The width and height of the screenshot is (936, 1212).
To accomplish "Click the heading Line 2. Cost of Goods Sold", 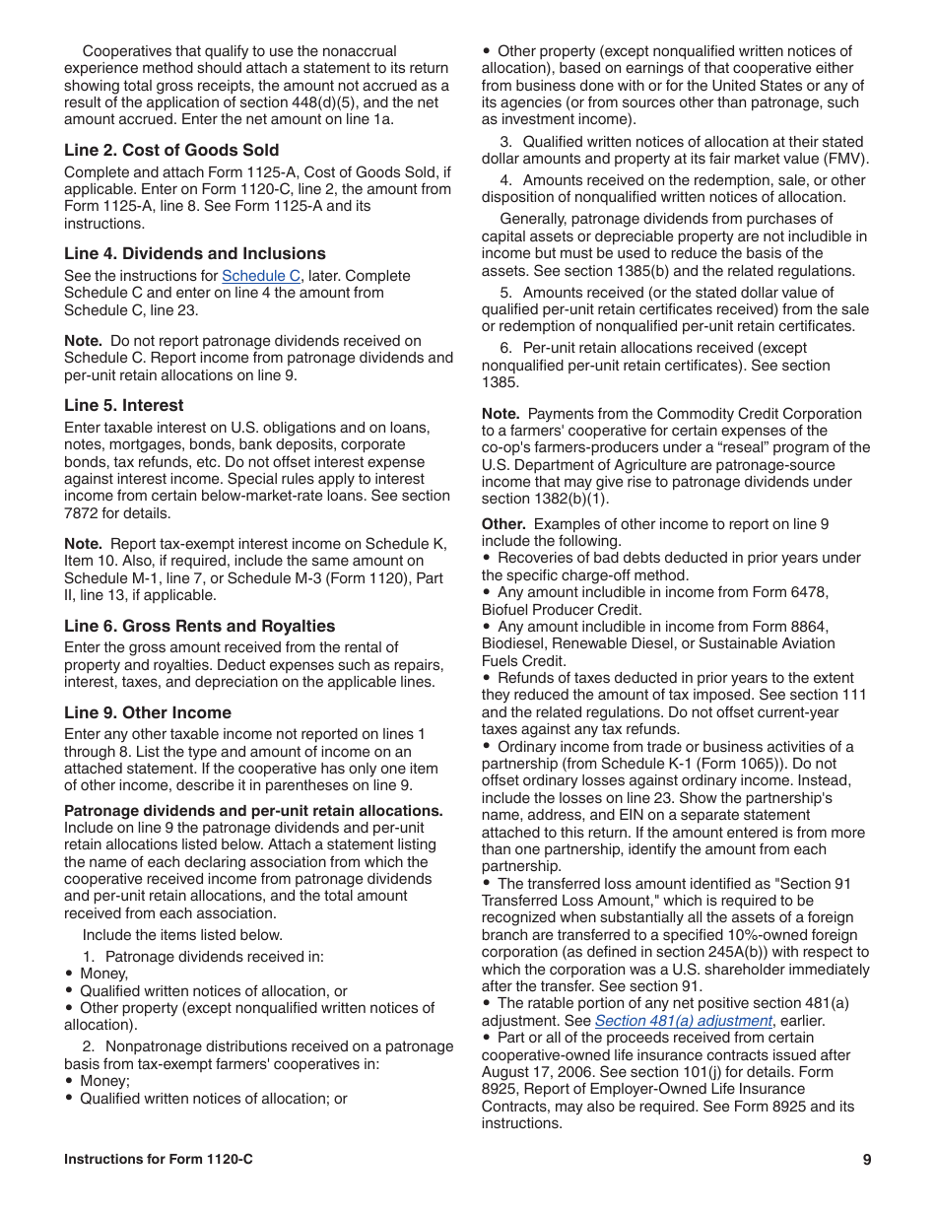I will (171, 150).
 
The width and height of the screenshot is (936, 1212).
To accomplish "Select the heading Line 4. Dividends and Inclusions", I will (194, 253).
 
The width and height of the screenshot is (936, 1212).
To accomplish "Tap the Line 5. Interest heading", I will (123, 405).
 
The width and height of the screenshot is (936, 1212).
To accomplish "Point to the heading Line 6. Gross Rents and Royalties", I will (199, 626).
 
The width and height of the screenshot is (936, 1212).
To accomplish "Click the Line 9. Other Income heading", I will (148, 712).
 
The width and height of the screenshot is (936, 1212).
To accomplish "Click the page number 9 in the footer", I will (866, 1160).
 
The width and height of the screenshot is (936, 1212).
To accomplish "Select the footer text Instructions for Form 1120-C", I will (158, 1160).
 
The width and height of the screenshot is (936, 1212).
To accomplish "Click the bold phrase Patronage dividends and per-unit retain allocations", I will (253, 811).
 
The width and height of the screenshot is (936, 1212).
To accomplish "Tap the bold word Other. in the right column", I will (503, 524).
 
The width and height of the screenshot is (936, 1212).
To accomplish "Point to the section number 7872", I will (84, 513).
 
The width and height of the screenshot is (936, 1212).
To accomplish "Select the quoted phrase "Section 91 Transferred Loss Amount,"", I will (670, 892).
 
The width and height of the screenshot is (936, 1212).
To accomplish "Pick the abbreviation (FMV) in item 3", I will (848, 159).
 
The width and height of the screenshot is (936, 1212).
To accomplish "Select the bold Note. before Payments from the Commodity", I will (501, 414).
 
